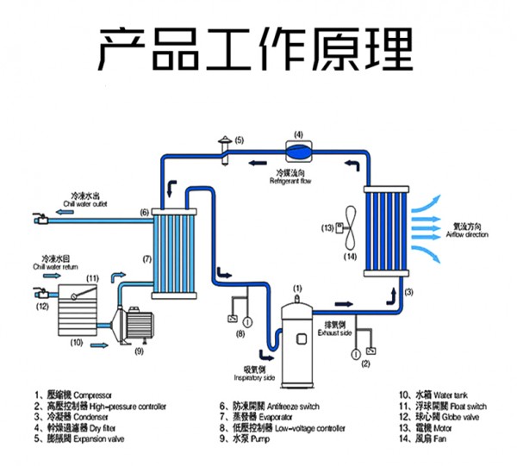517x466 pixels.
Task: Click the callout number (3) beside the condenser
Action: click(409, 293)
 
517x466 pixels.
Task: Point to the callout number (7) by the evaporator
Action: click(146, 258)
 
